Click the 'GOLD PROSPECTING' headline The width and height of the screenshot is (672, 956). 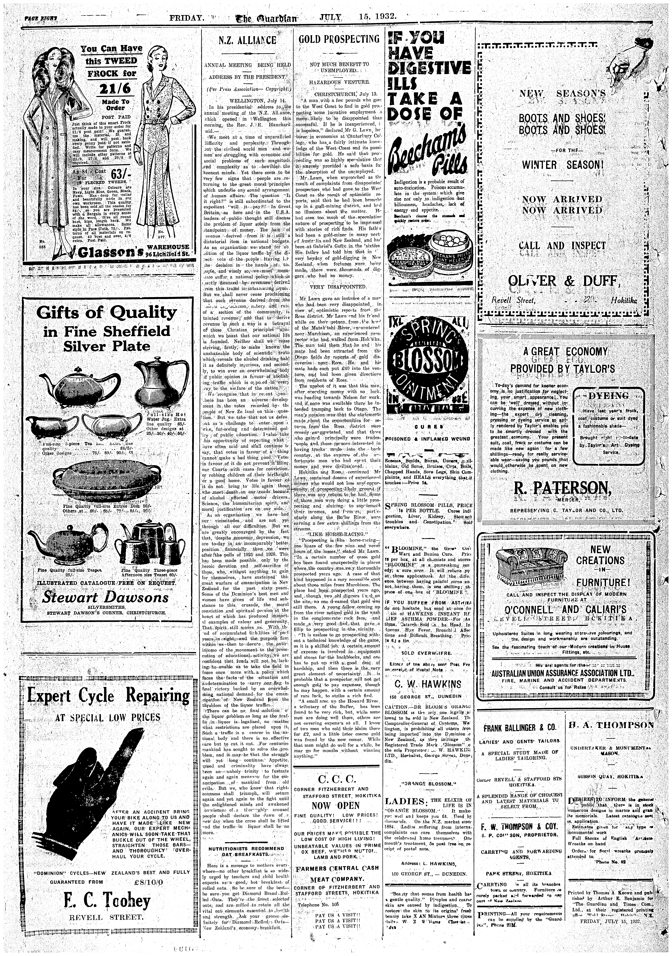coord(339,39)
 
